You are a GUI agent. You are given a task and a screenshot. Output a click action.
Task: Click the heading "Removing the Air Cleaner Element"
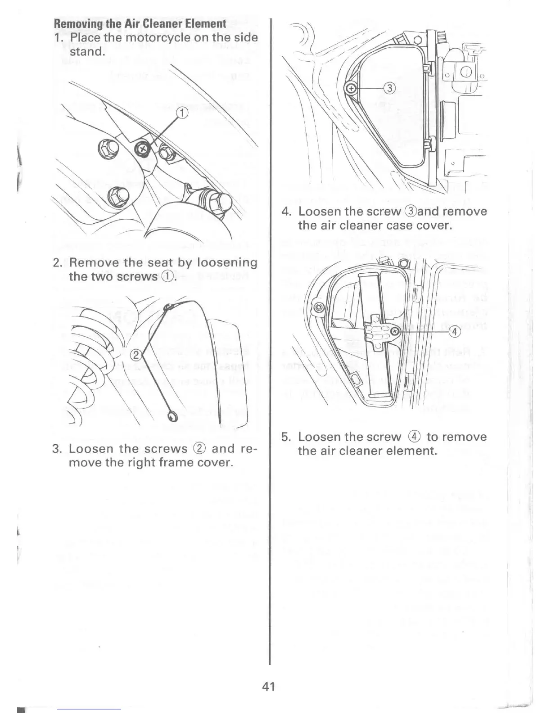140,23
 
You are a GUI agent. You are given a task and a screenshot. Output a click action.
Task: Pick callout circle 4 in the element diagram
455,332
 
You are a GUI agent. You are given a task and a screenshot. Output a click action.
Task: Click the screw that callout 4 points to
394,331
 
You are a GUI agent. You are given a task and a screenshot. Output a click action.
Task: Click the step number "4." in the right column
288,212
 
